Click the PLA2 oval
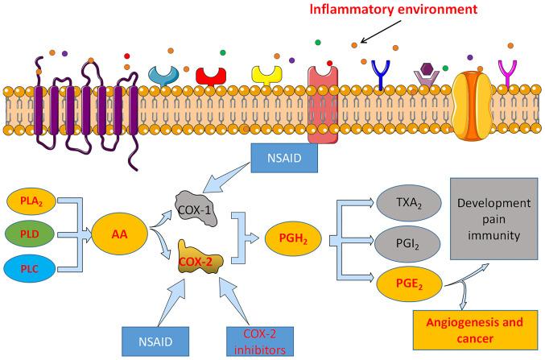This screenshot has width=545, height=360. (x=31, y=201)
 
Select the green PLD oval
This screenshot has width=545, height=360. (x=30, y=234)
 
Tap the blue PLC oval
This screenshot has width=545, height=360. (x=30, y=269)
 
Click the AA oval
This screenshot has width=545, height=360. (x=119, y=234)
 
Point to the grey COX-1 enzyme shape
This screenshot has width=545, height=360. (x=196, y=209)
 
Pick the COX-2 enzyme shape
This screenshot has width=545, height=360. (x=200, y=258)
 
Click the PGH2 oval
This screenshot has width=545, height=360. (x=293, y=238)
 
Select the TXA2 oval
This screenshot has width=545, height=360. (x=409, y=203)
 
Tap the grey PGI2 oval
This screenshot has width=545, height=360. (x=407, y=244)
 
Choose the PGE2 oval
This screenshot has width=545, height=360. (x=410, y=284)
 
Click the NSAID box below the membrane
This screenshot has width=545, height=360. (x=284, y=158)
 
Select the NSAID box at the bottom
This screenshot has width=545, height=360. (x=155, y=341)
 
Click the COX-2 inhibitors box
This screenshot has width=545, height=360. (x=260, y=341)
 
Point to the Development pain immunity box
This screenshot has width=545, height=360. (x=494, y=219)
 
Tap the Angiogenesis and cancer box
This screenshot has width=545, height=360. (x=475, y=329)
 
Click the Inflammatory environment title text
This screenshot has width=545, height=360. (x=394, y=10)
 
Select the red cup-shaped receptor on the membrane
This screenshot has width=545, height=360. (x=211, y=77)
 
